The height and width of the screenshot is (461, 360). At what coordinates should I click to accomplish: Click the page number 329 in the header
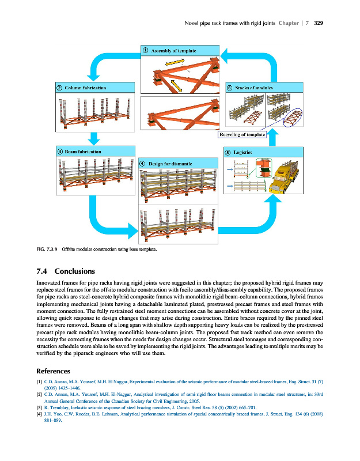[318, 24]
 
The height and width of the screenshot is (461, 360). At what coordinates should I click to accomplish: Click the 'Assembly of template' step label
[175, 51]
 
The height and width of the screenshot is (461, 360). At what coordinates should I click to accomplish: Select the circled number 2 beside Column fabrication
[59, 88]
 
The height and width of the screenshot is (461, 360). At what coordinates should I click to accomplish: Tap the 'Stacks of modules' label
[253, 88]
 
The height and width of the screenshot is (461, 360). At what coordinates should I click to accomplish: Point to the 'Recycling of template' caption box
[242, 135]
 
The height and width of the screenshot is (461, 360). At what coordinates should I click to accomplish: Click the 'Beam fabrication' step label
[83, 151]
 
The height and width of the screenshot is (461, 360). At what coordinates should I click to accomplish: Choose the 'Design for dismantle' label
[170, 164]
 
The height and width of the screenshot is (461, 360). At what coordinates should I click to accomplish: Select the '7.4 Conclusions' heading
[66, 271]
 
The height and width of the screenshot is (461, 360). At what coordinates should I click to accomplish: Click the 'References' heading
[53, 371]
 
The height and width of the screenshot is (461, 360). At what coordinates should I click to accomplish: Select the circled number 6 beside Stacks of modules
[229, 88]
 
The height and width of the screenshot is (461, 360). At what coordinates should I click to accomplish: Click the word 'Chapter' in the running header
[288, 24]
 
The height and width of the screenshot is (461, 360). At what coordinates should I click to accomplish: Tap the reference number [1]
[39, 382]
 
